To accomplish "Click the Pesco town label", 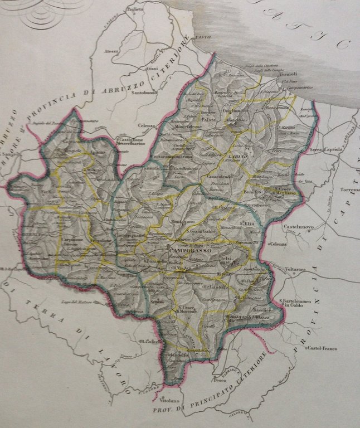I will pyautogui.click(x=220, y=383).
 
